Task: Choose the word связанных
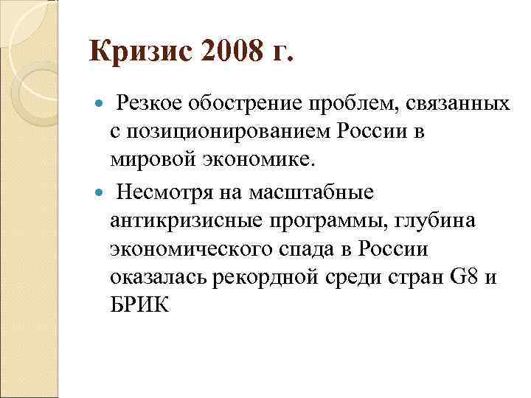457,105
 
